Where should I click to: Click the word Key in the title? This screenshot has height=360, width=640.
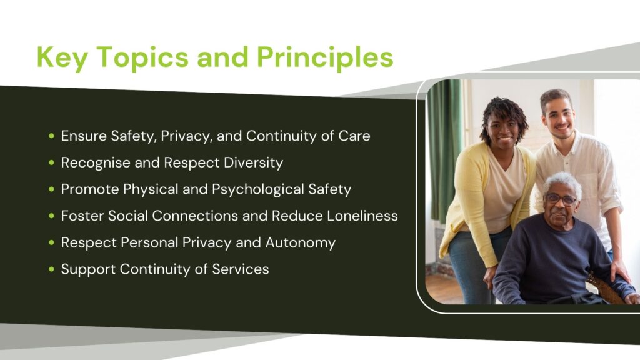click(x=62, y=57)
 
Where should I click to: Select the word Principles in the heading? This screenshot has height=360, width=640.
click(x=325, y=57)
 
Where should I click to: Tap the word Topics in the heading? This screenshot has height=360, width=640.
click(x=143, y=57)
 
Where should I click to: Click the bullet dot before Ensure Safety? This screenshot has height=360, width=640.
click(x=51, y=136)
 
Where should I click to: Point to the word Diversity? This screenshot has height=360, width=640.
click(x=254, y=163)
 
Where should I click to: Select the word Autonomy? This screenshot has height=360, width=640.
click(x=301, y=243)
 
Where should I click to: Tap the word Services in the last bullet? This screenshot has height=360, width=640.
click(x=241, y=269)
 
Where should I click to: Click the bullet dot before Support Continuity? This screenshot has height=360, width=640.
click(x=51, y=269)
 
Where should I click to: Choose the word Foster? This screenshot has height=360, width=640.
click(x=82, y=216)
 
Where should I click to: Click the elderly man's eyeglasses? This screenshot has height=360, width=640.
click(x=561, y=199)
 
